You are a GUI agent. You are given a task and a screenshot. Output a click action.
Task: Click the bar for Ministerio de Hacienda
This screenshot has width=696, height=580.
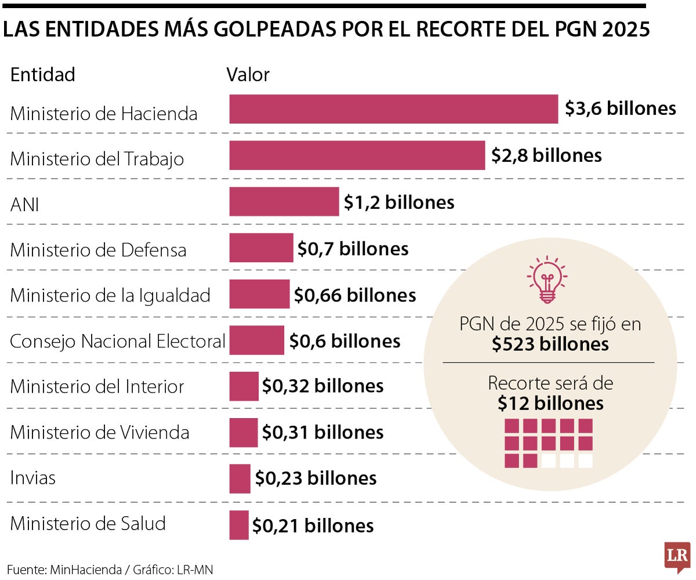click(x=393, y=109)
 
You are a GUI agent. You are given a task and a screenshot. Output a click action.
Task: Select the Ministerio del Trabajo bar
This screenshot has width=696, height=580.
click(x=357, y=155)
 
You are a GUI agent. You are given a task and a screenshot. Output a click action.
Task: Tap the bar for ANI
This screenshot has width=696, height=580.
click(x=284, y=202)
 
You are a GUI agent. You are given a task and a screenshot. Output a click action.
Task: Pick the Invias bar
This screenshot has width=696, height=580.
click(x=240, y=478)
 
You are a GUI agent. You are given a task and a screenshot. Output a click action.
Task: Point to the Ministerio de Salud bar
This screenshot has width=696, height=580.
click(x=238, y=525)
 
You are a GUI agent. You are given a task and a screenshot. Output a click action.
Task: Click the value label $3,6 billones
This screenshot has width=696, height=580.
click(x=620, y=108)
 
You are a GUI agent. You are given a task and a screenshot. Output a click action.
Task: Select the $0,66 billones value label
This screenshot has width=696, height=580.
click(x=355, y=295)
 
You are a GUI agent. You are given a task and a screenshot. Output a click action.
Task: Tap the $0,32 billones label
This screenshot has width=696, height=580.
click(x=322, y=386)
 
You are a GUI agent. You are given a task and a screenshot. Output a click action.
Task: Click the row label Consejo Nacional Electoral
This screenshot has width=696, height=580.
click(x=117, y=341)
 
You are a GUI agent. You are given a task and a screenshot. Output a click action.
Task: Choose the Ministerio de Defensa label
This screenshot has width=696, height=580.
click(x=98, y=250)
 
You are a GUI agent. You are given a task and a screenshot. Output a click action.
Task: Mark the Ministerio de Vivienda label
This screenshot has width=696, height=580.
click(x=99, y=433)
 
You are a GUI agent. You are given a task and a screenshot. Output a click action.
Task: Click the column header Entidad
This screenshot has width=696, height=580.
click(x=42, y=75)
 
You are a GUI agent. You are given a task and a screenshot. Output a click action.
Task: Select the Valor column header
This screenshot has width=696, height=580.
click(x=248, y=75)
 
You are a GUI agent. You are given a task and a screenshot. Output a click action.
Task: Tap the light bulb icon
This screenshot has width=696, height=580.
click(x=546, y=281)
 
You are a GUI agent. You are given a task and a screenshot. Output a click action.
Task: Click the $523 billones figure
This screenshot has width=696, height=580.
click(x=550, y=344)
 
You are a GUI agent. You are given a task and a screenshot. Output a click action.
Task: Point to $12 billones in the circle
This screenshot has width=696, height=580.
click(x=550, y=403)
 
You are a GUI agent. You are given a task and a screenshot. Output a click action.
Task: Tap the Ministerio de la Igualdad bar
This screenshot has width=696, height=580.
click(x=259, y=294)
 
